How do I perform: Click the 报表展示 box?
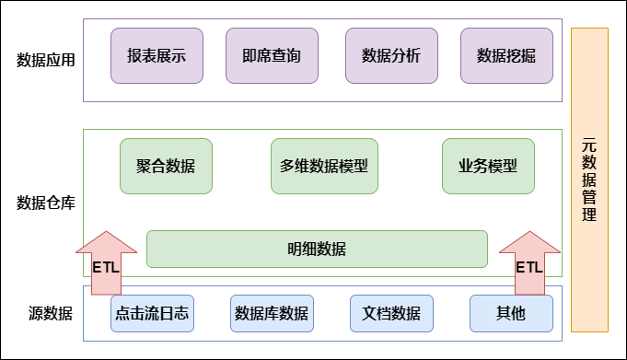[157, 55]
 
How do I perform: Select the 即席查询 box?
[272, 55]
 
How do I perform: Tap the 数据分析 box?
[391, 55]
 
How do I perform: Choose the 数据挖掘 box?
[506, 55]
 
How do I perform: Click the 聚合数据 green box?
[166, 166]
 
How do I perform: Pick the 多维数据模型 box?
[324, 166]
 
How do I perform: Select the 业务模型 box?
[488, 166]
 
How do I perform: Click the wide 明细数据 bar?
[317, 249]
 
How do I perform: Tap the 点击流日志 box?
[152, 313]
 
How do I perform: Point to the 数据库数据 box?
[272, 313]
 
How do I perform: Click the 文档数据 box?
[391, 313]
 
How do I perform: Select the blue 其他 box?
[511, 313]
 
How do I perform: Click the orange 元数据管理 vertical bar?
[589, 180]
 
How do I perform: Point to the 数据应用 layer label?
[46, 61]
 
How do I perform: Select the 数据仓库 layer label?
[46, 203]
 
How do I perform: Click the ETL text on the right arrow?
[528, 268]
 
